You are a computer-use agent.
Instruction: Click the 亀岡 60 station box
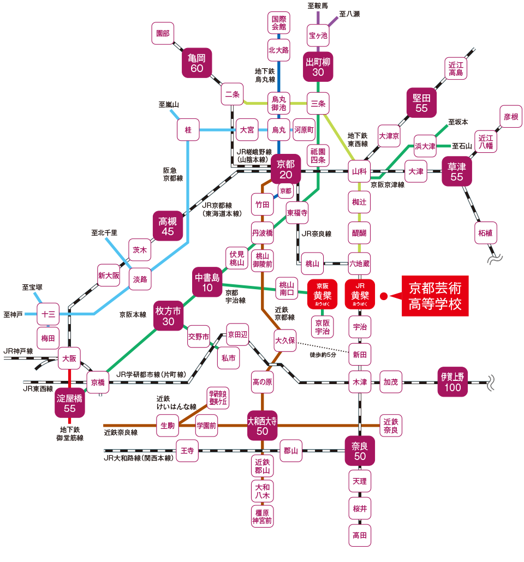click(x=196, y=62)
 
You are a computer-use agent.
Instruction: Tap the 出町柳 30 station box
click(x=318, y=66)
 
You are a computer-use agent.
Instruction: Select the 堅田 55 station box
click(x=421, y=103)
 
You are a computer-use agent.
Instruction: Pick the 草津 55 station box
click(x=457, y=171)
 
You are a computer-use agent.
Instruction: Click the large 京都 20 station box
click(x=285, y=169)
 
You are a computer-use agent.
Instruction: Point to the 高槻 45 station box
click(x=166, y=225)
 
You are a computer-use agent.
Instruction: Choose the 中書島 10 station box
click(x=207, y=282)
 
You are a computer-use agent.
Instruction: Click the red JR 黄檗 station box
click(x=360, y=295)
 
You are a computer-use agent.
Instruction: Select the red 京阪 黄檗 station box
click(x=322, y=295)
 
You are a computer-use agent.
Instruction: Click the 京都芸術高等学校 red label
click(x=435, y=296)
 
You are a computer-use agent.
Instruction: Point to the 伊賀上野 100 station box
click(x=452, y=381)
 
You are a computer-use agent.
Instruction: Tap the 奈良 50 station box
click(x=360, y=451)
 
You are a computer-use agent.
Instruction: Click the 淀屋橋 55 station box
click(x=69, y=403)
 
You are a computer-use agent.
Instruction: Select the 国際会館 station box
click(x=278, y=23)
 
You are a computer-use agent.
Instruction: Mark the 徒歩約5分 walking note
click(x=323, y=355)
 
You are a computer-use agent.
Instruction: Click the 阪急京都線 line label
click(x=172, y=174)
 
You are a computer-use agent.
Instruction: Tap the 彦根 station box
click(x=510, y=117)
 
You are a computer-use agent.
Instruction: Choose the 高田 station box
click(x=360, y=535)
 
